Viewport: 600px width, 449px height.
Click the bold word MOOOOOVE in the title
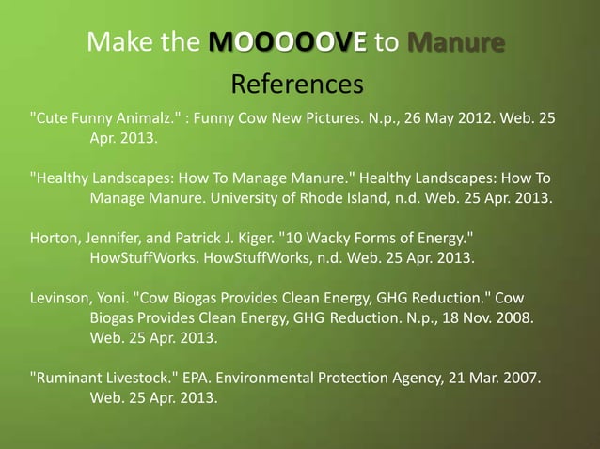[x=289, y=42]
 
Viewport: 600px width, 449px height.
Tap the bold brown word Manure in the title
[x=456, y=42]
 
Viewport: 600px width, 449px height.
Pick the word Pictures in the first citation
[x=348, y=120]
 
